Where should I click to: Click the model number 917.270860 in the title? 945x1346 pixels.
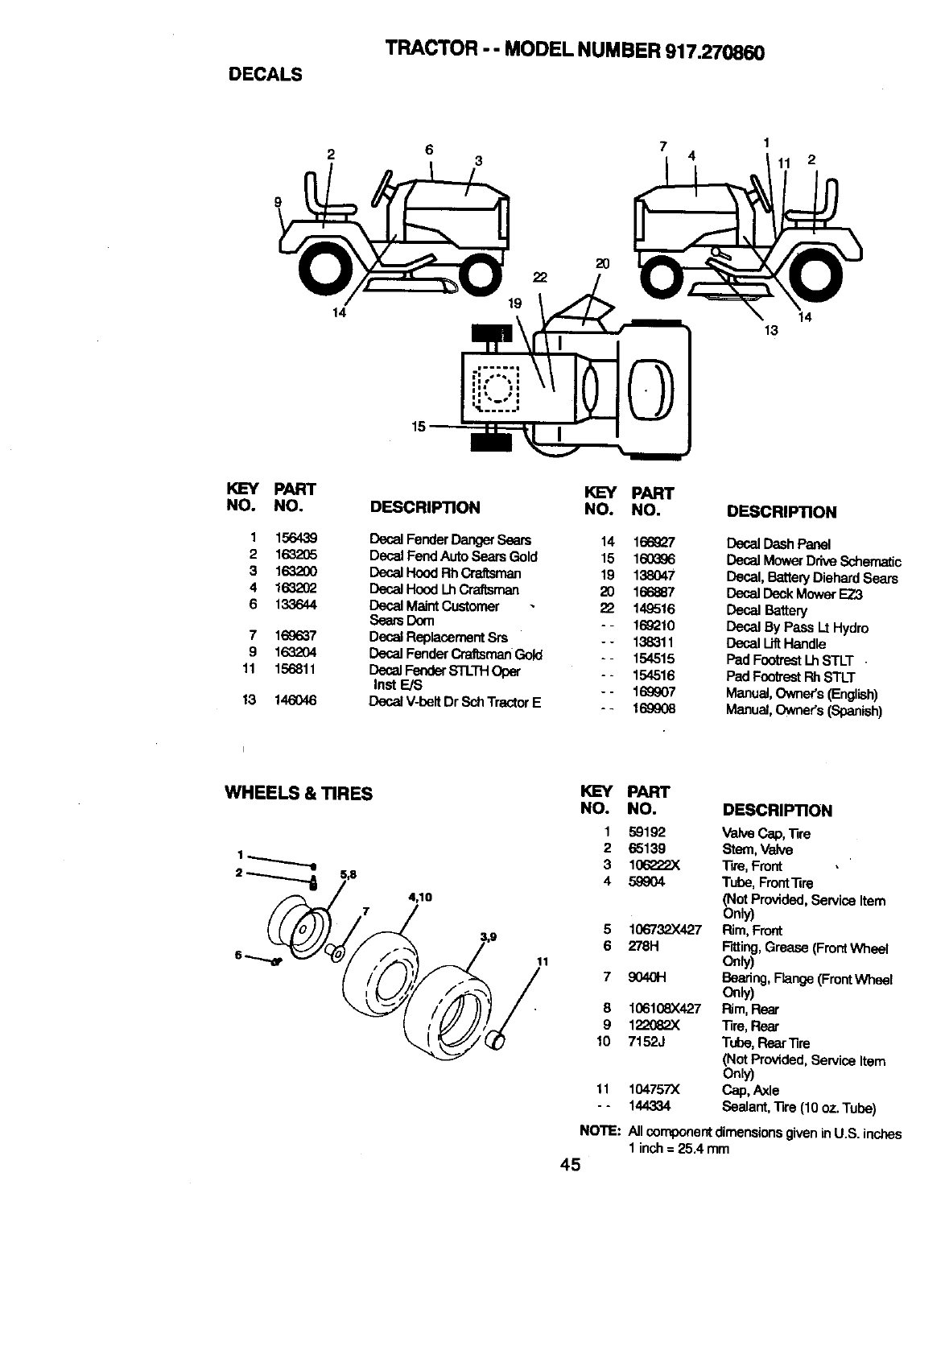714,52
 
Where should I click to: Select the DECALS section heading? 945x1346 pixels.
266,75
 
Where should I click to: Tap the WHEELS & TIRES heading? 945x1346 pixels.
298,794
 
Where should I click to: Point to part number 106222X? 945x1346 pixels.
654,865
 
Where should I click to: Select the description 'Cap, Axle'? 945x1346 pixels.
750,1090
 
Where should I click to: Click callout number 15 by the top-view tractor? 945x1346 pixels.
418,426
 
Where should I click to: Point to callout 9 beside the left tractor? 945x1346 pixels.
278,203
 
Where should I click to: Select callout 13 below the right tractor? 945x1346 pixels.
771,329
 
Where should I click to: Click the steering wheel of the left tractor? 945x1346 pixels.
383,187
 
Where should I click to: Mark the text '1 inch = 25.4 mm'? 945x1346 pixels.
679,1149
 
